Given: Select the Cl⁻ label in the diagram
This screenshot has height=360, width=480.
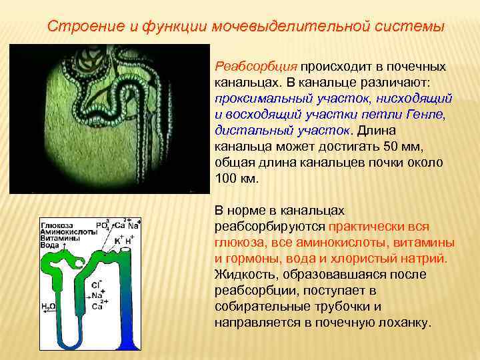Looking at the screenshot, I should pos(97,284).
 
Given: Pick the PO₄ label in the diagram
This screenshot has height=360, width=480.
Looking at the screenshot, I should pos(103,225).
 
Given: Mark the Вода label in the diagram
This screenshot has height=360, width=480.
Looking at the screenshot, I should pos(51,245).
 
